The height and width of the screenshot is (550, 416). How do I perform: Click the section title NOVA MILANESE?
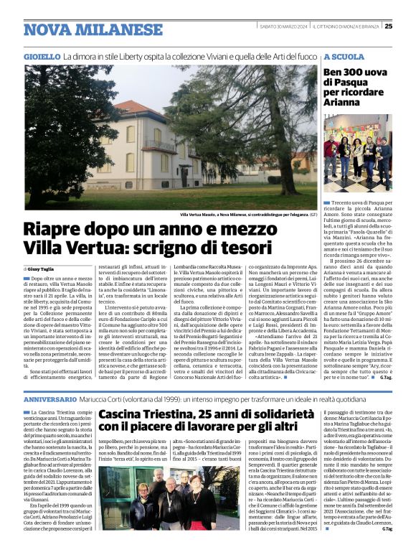click(82, 29)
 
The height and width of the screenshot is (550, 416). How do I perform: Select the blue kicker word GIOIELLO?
click(42, 56)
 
